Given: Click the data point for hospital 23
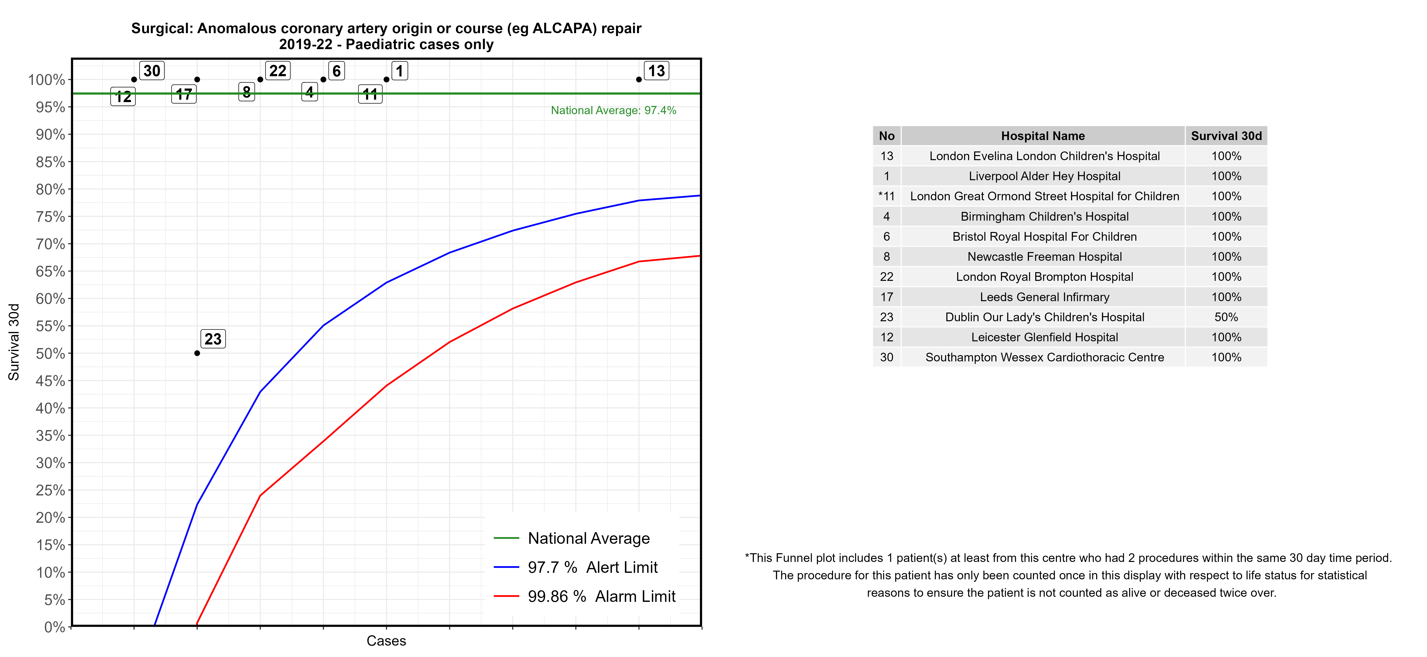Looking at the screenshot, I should (197, 353).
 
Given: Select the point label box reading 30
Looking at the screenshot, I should (152, 71).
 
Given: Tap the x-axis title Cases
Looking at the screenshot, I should (386, 641).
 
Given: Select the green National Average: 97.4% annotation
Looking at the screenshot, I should (613, 110).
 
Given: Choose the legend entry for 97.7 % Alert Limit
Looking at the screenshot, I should (592, 567).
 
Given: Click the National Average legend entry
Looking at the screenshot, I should (588, 538).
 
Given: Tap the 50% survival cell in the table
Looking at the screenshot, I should (1226, 317).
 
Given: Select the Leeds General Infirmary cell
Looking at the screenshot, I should (1044, 297).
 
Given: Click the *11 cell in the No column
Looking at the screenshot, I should (886, 196).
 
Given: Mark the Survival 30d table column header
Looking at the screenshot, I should (1226, 136).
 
